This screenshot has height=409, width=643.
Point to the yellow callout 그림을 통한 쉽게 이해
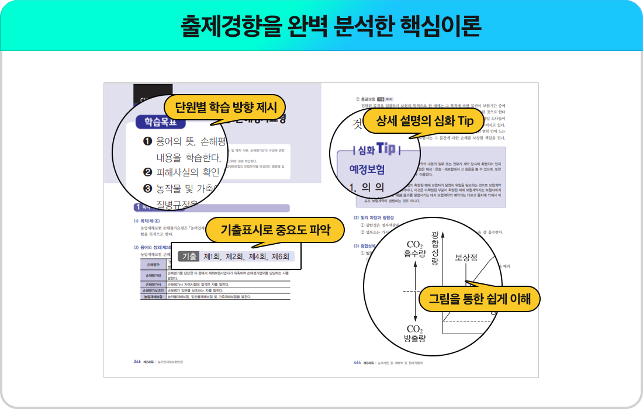click(x=479, y=299)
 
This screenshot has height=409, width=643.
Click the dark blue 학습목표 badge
click(x=160, y=122)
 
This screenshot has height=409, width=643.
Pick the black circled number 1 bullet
click(x=147, y=142)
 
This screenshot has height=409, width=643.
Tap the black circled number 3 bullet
click(x=147, y=189)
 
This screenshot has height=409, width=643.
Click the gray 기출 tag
click(x=189, y=257)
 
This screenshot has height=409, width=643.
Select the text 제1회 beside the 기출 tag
click(x=212, y=257)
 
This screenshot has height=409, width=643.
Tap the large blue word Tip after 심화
click(x=389, y=148)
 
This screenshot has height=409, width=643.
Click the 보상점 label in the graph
click(x=466, y=257)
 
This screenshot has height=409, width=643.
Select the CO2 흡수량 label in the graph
click(x=414, y=249)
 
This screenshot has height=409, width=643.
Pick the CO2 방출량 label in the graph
click(x=414, y=333)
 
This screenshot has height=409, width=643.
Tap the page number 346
click(x=137, y=362)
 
